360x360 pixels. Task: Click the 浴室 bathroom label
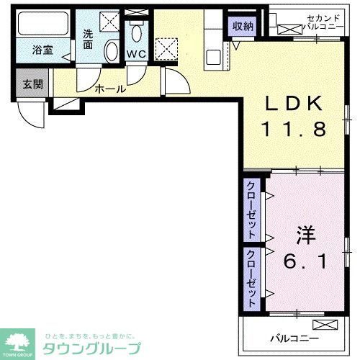(x=42, y=50)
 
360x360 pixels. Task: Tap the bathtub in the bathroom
(x=42, y=26)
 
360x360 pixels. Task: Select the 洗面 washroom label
(x=88, y=38)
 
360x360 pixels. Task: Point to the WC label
(x=136, y=54)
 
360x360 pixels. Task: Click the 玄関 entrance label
(x=32, y=84)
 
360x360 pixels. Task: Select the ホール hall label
(x=111, y=89)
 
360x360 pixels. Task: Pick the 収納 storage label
(x=243, y=26)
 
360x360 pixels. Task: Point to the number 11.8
(x=294, y=130)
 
